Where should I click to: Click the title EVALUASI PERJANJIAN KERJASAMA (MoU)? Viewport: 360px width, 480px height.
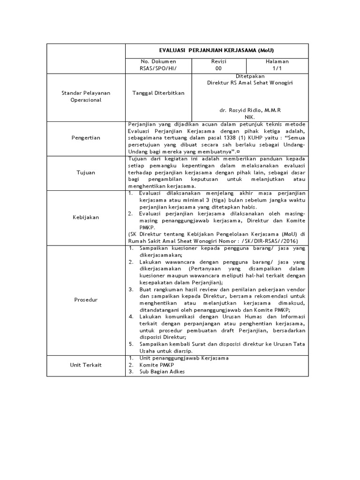tap(217, 51)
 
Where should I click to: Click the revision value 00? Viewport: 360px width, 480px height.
tap(218, 68)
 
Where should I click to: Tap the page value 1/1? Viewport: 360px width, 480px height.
tap(277, 68)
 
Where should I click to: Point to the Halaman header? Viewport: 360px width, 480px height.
tap(277, 61)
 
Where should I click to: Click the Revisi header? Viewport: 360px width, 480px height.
tap(218, 61)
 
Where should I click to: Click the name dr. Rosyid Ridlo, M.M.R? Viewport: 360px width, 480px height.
tap(250, 110)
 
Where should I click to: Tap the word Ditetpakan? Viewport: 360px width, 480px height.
tap(250, 75)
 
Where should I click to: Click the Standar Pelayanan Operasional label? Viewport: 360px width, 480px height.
tap(86, 97)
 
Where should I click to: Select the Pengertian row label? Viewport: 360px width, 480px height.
tap(86, 138)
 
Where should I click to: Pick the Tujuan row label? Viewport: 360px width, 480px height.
tap(86, 172)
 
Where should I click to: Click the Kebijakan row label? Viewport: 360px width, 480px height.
tap(86, 217)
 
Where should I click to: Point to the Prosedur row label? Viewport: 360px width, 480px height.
tap(86, 300)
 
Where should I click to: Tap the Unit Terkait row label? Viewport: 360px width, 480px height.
tap(86, 365)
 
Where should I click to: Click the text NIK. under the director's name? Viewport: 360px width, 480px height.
tap(250, 117)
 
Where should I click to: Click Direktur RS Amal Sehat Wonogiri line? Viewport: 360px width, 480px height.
tap(251, 82)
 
